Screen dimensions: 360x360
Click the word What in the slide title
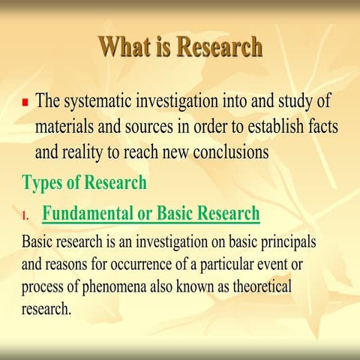(x=124, y=47)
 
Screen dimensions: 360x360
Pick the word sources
(x=164, y=126)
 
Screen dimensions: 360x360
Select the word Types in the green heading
(x=43, y=182)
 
